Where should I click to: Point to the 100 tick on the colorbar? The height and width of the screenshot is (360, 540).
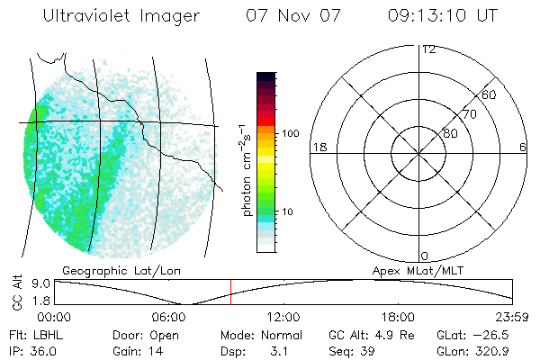(x=290, y=133)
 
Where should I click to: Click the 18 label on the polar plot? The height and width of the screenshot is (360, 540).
(x=318, y=147)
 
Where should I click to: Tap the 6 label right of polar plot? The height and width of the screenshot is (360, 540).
(x=523, y=147)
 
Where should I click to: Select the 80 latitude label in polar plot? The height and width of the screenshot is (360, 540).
(x=449, y=133)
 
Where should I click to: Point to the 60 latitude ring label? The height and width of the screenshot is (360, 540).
(x=490, y=94)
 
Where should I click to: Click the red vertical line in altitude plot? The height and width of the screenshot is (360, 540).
(x=230, y=292)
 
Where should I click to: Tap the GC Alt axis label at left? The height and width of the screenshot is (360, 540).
(x=17, y=292)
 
